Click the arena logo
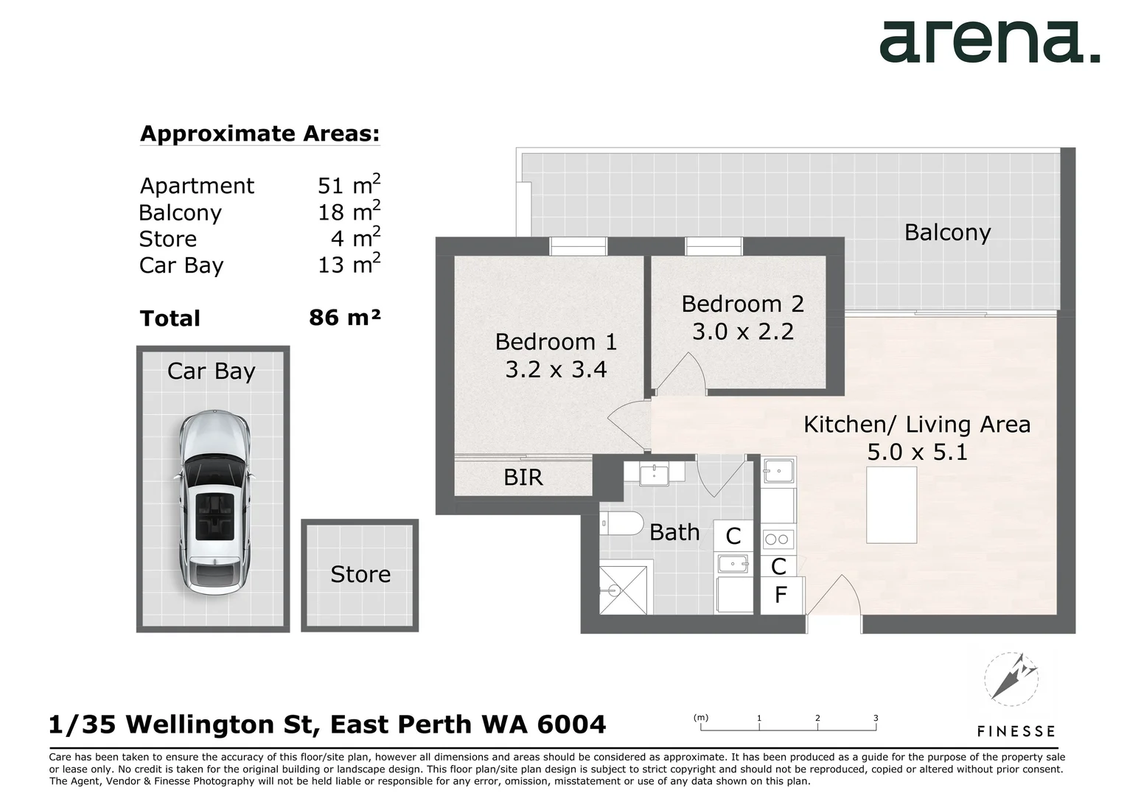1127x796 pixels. point(989,42)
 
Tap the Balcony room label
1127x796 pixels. point(947,232)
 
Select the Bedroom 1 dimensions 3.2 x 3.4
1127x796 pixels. point(556,369)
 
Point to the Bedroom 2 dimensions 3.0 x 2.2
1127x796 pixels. point(742,332)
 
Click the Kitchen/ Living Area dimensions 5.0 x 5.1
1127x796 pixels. point(917,452)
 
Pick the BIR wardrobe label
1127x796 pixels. point(523,478)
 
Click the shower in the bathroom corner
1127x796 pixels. point(624,589)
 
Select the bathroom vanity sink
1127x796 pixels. point(654,474)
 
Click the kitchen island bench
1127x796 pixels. point(891,505)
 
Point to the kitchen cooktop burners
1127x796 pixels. point(778,540)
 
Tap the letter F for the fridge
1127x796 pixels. point(781,595)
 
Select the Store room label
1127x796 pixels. point(360,574)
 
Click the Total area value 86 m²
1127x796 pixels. point(345,318)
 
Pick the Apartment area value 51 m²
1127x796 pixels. point(349,184)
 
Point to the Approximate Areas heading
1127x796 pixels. point(259,133)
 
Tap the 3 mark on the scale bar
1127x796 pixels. point(876,718)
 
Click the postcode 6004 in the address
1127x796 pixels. point(571,725)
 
